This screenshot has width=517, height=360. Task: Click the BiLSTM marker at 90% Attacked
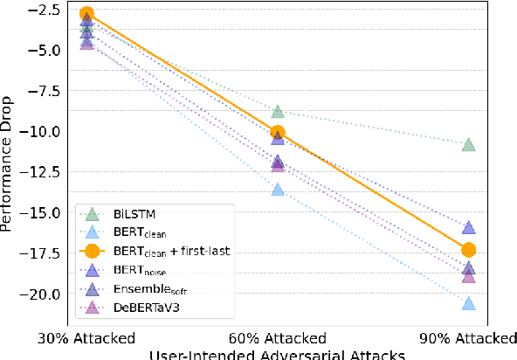point(469,144)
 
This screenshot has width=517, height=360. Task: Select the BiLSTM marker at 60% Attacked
point(278,111)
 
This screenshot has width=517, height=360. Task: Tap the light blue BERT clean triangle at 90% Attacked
point(469,303)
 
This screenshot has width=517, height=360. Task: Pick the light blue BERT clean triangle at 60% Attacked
point(278,189)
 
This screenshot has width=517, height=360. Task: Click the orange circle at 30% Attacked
point(86,14)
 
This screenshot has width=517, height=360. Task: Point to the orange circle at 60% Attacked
point(278,133)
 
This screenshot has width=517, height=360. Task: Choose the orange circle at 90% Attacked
point(469,250)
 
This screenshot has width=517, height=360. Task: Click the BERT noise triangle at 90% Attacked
point(469,228)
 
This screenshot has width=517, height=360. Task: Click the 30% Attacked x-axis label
point(86,339)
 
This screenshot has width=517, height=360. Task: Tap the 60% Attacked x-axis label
point(278,339)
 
